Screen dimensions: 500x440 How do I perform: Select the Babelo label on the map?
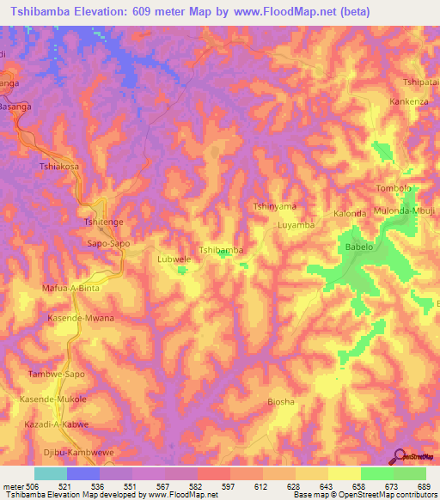coord(358,247)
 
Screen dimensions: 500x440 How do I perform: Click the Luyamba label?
coord(296,225)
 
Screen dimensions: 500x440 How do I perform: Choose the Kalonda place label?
coord(350,213)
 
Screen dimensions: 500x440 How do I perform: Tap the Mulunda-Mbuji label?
coord(405,210)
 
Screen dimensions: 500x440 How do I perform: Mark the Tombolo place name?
coord(394,188)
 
